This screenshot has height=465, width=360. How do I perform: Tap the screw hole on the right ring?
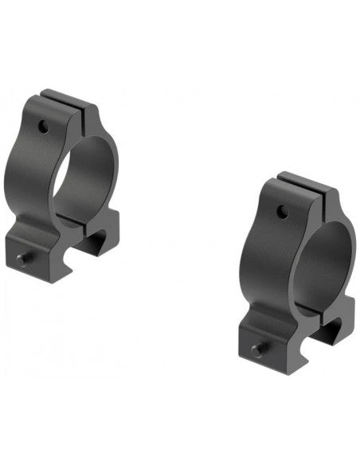(281, 211)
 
